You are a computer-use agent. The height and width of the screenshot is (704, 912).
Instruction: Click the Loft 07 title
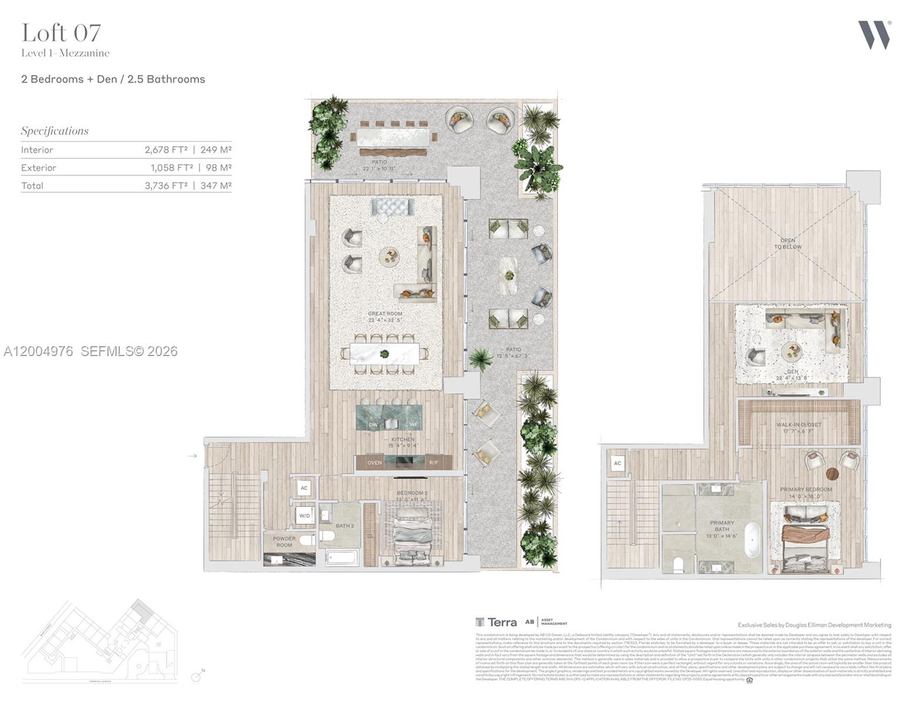61,33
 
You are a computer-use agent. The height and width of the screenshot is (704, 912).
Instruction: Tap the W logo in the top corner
874,35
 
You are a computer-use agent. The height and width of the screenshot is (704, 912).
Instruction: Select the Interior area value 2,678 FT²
166,150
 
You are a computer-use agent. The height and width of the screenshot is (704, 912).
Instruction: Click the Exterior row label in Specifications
39,168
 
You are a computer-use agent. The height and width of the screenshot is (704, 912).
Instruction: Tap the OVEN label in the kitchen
375,463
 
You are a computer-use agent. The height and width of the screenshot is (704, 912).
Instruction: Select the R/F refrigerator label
433,463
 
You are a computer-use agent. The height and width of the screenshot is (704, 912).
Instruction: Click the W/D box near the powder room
304,516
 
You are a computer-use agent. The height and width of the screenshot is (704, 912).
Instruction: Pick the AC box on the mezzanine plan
617,463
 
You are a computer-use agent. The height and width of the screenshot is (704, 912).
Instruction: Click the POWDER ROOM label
284,541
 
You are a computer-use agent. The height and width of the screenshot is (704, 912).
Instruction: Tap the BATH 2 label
345,526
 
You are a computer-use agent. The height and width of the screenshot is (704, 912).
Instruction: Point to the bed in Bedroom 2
412,537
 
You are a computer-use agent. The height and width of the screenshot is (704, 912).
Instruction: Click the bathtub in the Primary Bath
752,540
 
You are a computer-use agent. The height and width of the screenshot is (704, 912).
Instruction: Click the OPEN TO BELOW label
788,243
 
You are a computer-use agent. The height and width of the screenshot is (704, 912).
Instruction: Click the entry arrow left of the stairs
192,456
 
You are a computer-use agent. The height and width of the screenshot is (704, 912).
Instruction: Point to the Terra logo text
502,622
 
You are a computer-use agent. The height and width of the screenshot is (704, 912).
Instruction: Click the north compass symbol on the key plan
197,676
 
